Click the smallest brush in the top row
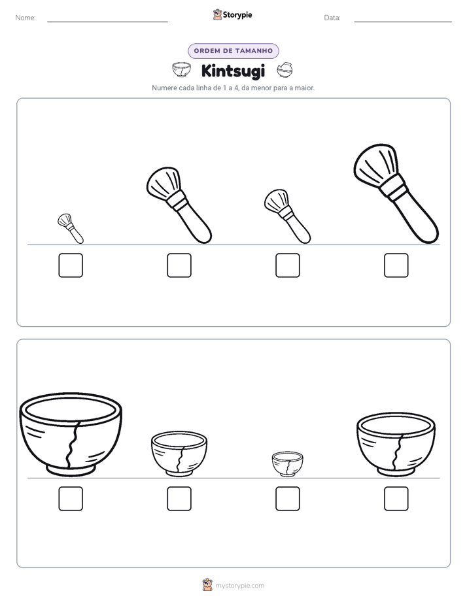click(x=71, y=229)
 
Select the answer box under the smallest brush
click(x=71, y=265)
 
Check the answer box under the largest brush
click(x=396, y=265)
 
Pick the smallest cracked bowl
click(x=287, y=464)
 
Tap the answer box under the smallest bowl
click(x=287, y=499)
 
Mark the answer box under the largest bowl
click(x=71, y=499)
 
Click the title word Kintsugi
click(x=233, y=71)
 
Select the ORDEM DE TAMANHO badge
click(x=233, y=51)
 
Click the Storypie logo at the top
click(x=232, y=14)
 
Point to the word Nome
click(x=26, y=18)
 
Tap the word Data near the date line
click(x=332, y=18)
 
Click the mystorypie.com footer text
click(x=239, y=586)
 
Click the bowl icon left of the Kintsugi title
click(x=181, y=70)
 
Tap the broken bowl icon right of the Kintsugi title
click(x=285, y=70)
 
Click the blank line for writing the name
click(x=107, y=22)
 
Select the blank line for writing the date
click(x=403, y=22)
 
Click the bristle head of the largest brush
click(x=375, y=164)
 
